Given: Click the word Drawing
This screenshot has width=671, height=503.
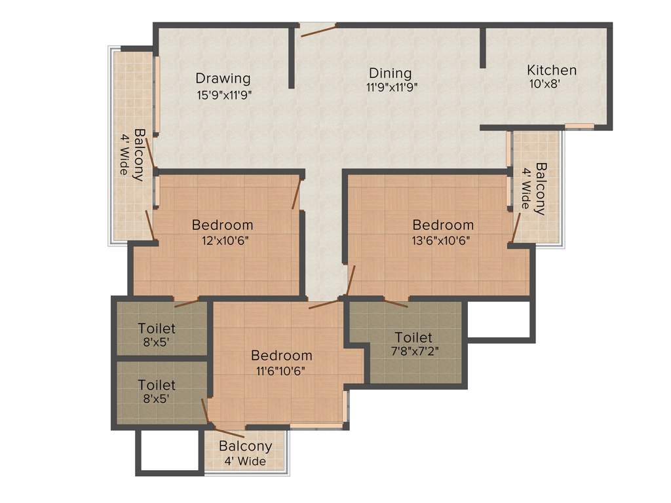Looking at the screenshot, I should [223, 79].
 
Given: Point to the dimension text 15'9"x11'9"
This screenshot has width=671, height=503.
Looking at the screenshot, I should [225, 94].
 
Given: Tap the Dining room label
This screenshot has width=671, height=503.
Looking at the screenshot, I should [390, 73].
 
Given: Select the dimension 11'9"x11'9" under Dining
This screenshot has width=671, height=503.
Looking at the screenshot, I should [393, 86].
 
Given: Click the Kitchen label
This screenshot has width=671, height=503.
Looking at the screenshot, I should [552, 70].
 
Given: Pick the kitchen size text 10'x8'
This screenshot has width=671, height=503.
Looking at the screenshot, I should [544, 84].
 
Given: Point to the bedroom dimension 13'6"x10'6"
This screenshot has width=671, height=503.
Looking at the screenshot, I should [441, 240].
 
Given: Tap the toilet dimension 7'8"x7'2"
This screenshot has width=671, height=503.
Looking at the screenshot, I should [414, 350].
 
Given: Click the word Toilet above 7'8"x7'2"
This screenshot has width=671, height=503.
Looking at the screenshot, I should [413, 337].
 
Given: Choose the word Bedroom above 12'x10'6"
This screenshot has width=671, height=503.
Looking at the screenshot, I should [222, 225].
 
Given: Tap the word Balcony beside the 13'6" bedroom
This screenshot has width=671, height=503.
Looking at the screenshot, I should [541, 189].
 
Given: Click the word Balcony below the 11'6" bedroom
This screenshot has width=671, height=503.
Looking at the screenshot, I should [245, 447].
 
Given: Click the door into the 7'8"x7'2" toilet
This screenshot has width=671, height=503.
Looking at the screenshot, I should [396, 303].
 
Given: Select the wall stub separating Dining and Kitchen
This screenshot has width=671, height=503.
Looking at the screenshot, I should [483, 47].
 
